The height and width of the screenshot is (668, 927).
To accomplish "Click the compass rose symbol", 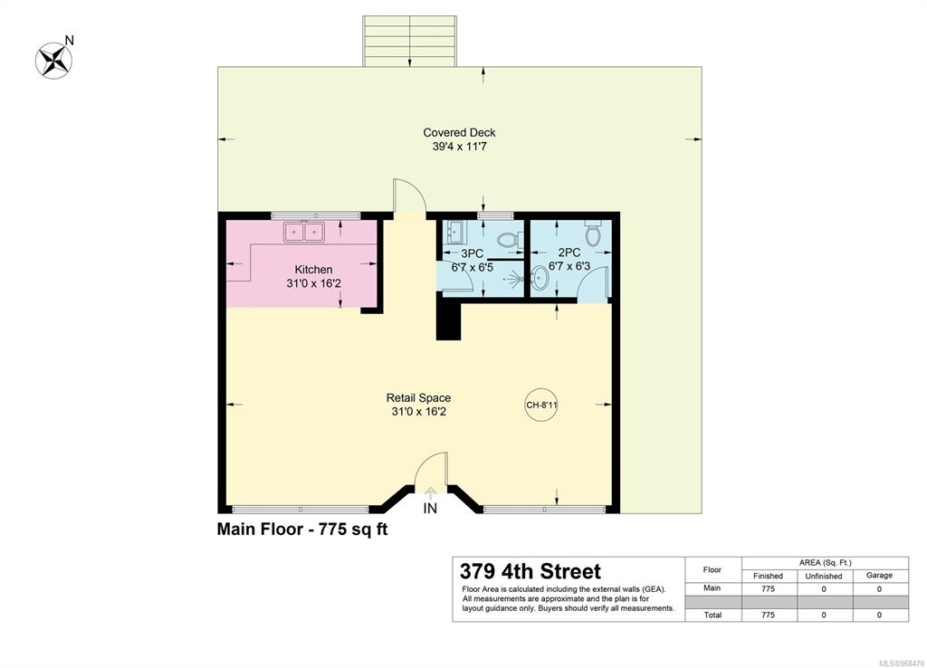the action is pyautogui.click(x=53, y=61).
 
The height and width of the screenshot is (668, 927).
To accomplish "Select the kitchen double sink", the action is pyautogui.click(x=304, y=232).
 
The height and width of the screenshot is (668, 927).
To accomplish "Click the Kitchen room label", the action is pyautogui.click(x=313, y=270).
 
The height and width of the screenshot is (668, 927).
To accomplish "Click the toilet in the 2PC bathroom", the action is pyautogui.click(x=592, y=233).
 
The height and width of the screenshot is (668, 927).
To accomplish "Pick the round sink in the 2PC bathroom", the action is pyautogui.click(x=540, y=276).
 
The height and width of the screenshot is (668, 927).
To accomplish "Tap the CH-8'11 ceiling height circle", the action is pyautogui.click(x=541, y=405).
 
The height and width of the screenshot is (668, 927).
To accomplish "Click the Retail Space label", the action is pyautogui.click(x=418, y=398).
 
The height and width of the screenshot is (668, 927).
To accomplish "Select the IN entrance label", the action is pyautogui.click(x=430, y=509).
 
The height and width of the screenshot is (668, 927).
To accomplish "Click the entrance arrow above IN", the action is pyautogui.click(x=430, y=491).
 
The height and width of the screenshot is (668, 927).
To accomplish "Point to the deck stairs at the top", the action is pyautogui.click(x=410, y=42).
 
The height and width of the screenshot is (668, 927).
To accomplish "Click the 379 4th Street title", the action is pyautogui.click(x=530, y=572).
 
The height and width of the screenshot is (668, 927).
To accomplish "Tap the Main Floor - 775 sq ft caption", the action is pyautogui.click(x=302, y=529).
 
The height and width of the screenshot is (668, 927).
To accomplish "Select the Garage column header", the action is pyautogui.click(x=879, y=575).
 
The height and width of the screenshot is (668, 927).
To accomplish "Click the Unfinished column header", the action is pyautogui.click(x=824, y=576).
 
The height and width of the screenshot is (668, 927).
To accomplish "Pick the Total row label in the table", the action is pyautogui.click(x=712, y=615).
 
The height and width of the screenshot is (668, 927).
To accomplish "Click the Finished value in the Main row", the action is pyautogui.click(x=768, y=588).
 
